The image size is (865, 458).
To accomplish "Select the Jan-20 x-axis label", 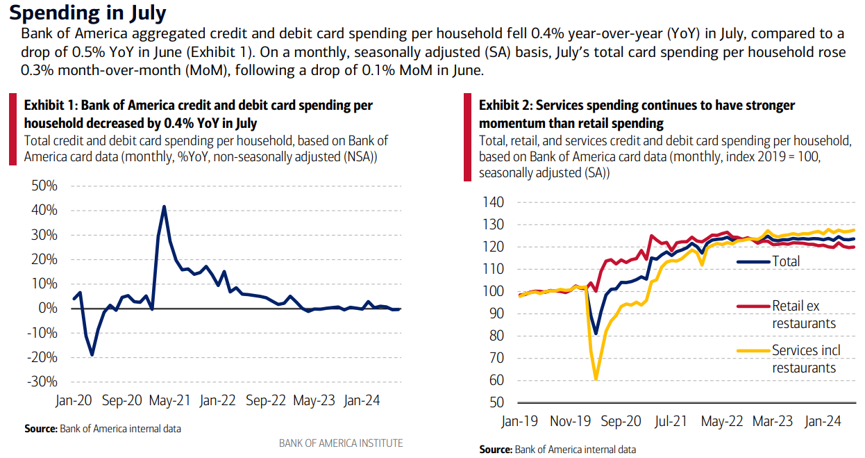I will [74, 401].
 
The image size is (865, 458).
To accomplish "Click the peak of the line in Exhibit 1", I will [164, 206].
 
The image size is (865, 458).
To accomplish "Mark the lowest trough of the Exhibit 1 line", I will [92, 355].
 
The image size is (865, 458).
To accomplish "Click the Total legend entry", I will [786, 262].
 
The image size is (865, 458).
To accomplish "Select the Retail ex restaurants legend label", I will [804, 315].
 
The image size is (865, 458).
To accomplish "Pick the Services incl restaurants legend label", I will [805, 359].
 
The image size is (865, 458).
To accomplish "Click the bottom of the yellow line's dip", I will [596, 379].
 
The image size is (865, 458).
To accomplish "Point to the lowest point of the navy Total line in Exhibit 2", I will [596, 334].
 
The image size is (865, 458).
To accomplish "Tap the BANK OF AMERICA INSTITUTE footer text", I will [340, 443].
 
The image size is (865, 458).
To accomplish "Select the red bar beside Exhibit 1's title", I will [12, 130].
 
